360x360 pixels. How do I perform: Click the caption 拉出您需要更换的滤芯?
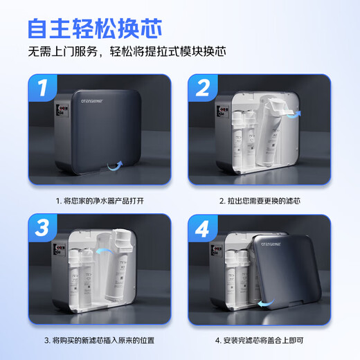pyautogui.click(x=264, y=200)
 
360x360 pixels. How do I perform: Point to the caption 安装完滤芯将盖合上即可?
pyautogui.click(x=264, y=340)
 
